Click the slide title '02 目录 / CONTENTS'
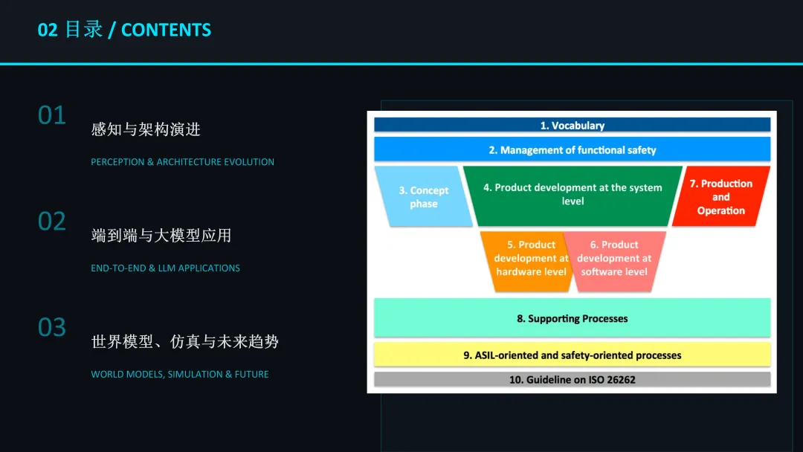click(124, 30)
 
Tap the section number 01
click(52, 115)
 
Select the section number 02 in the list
click(52, 222)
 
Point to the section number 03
click(52, 328)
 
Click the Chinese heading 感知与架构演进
click(146, 129)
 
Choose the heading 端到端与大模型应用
click(161, 236)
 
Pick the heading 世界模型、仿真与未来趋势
click(185, 342)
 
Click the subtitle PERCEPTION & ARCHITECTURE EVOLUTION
click(182, 162)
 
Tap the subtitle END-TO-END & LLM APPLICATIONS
click(165, 268)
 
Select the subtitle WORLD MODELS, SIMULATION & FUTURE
click(180, 375)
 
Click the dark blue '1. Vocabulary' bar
click(572, 126)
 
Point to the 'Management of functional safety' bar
click(572, 149)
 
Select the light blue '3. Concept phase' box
click(423, 197)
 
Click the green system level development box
click(573, 195)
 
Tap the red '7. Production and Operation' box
click(720, 197)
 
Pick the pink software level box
click(615, 258)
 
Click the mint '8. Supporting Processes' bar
click(572, 318)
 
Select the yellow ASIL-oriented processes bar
click(572, 355)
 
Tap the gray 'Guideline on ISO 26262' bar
click(572, 380)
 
